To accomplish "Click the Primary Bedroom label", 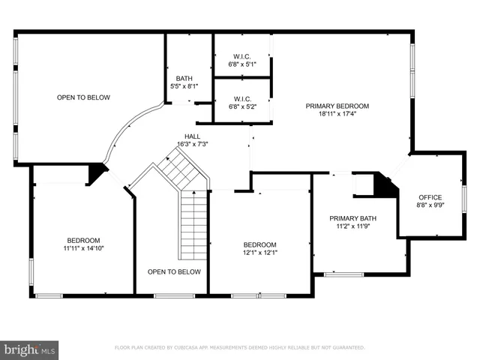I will (337, 106).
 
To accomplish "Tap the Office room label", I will (430, 197).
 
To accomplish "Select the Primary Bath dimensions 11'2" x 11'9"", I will (352, 226).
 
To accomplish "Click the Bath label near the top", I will (184, 79).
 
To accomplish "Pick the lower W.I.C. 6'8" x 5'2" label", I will (242, 103).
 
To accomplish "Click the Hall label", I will (193, 136).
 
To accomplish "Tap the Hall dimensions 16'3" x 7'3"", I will (193, 144).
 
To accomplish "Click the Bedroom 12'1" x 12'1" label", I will (260, 248).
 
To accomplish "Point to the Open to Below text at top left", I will (83, 97).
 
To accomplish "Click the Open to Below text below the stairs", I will (174, 271).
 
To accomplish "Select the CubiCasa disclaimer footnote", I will (239, 348).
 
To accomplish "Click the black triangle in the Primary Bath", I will (385, 186).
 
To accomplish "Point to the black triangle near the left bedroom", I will (96, 173).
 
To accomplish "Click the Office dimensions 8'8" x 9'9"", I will (430, 205).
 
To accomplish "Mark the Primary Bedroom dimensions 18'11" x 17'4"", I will (337, 114).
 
